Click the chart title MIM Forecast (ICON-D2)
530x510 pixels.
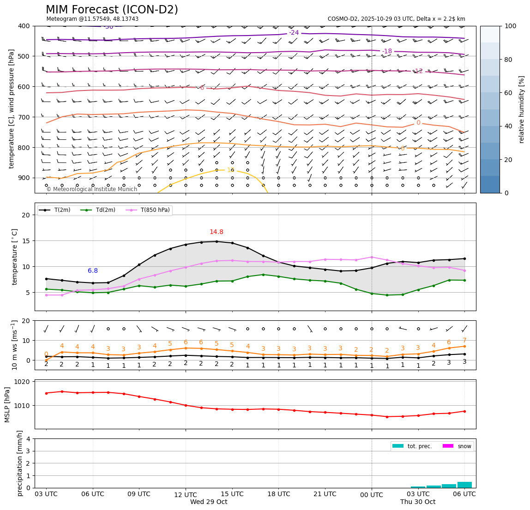(x=112, y=10)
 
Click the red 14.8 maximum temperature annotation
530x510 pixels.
(x=217, y=232)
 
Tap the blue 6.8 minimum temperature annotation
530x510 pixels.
(x=93, y=271)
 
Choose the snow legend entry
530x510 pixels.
(x=464, y=446)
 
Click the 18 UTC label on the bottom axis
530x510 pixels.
(x=279, y=494)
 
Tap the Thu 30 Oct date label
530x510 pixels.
(x=418, y=502)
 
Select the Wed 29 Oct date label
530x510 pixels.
(x=209, y=502)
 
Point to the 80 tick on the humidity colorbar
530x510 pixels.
(x=511, y=60)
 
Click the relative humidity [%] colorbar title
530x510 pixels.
(x=522, y=109)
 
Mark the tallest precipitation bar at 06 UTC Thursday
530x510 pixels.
(x=464, y=485)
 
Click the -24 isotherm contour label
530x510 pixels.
(x=294, y=33)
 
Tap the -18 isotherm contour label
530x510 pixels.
(x=387, y=51)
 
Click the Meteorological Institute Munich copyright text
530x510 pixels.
(x=92, y=189)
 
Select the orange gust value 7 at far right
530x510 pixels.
(x=464, y=341)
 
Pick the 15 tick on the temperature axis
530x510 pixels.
(x=27, y=241)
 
